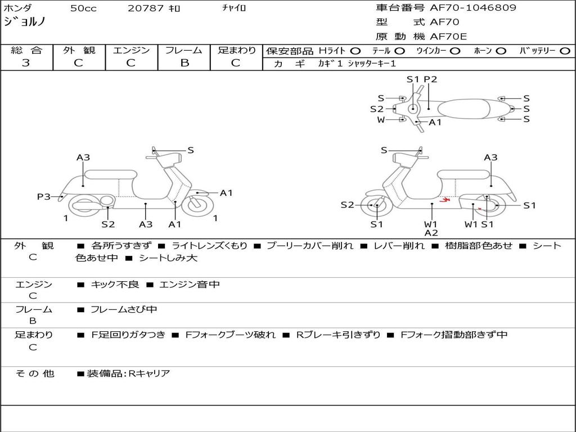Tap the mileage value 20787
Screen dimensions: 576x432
pyautogui.click(x=146, y=8)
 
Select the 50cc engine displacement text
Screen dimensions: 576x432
pyautogui.click(x=83, y=8)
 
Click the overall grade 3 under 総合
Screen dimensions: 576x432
pyautogui.click(x=26, y=62)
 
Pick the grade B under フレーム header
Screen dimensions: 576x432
pyautogui.click(x=184, y=62)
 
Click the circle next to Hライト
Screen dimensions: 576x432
pyautogui.click(x=355, y=51)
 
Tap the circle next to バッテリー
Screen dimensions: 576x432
pyautogui.click(x=565, y=51)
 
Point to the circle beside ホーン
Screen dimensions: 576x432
pyautogui.click(x=501, y=51)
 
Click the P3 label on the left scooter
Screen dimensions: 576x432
pyautogui.click(x=43, y=196)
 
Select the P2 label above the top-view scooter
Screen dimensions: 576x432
pyautogui.click(x=430, y=79)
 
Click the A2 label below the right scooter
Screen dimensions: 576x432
pyautogui.click(x=431, y=232)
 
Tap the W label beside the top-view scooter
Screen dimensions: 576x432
pyautogui.click(x=381, y=120)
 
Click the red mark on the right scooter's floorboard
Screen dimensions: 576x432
pyautogui.click(x=444, y=200)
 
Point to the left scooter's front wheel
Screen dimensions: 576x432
pyautogui.click(x=197, y=205)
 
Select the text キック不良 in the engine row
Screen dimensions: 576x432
pyautogui.click(x=115, y=284)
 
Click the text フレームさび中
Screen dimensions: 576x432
pyautogui.click(x=124, y=309)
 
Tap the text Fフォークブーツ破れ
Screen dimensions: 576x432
pyautogui.click(x=230, y=335)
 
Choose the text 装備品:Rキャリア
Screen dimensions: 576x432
pyautogui.click(x=128, y=373)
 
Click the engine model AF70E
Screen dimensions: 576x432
pyautogui.click(x=448, y=37)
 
